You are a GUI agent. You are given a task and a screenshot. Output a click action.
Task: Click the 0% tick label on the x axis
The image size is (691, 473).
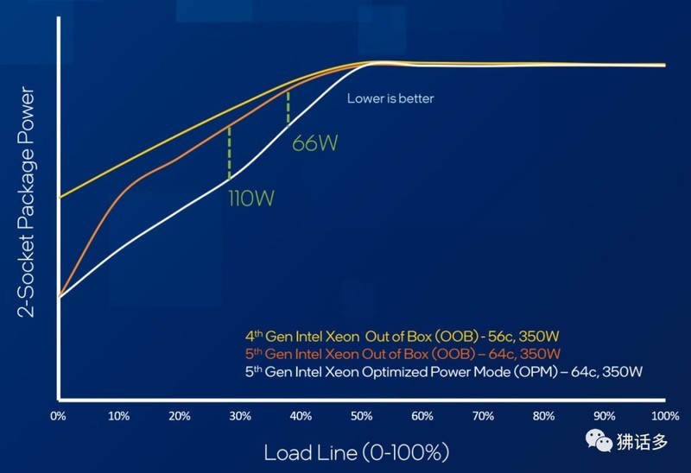click(x=58, y=415)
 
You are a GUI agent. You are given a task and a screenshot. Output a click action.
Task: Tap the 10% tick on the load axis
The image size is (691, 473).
click(x=118, y=415)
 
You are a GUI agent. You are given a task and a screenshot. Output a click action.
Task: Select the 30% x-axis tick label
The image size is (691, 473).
click(x=240, y=415)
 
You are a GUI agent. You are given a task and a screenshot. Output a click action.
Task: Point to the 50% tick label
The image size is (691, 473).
click(x=361, y=415)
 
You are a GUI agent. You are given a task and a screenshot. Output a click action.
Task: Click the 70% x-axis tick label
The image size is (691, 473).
click(x=483, y=415)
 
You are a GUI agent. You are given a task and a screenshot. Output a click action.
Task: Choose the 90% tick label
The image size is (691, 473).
click(x=604, y=415)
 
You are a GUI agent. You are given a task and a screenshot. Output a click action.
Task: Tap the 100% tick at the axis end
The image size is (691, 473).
click(x=663, y=415)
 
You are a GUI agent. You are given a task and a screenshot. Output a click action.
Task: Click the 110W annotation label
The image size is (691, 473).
click(x=251, y=199)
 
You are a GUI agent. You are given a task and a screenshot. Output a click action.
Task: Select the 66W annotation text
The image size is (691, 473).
click(x=314, y=143)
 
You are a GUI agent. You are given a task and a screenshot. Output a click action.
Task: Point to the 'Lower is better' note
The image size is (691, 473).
click(x=390, y=98)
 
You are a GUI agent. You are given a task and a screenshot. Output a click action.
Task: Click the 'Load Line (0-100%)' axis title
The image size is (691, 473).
click(x=357, y=451)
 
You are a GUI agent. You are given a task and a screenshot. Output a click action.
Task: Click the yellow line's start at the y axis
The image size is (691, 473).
click(x=59, y=197)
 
